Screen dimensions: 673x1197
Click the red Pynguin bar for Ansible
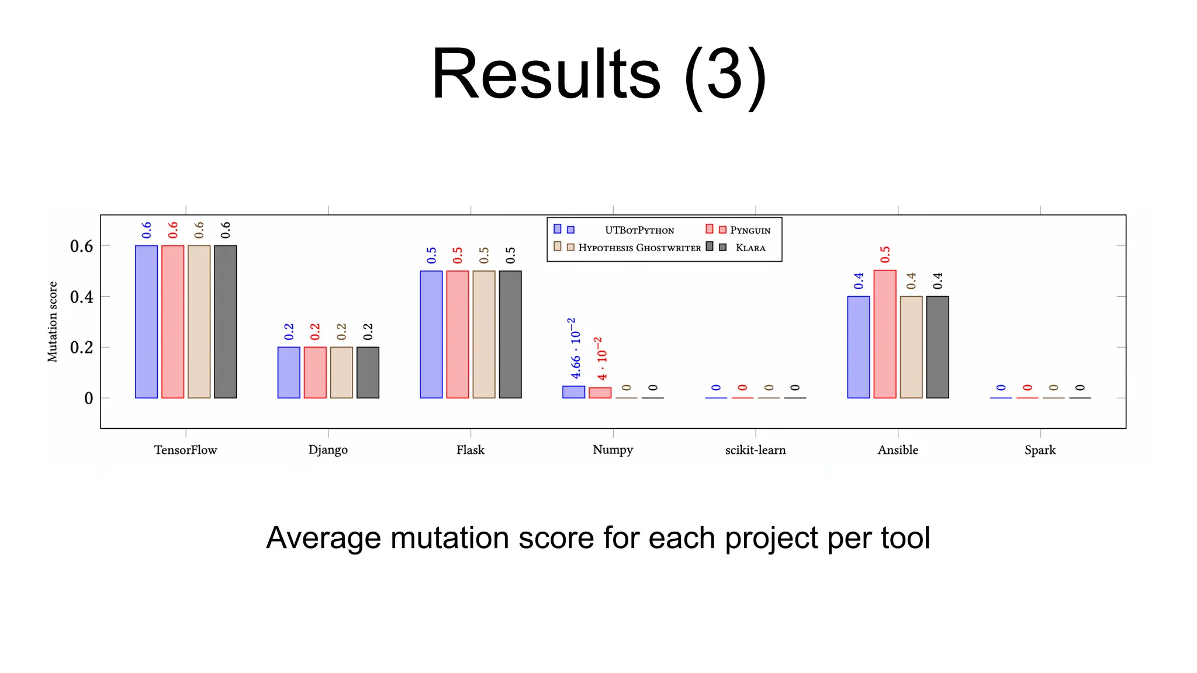click(885, 334)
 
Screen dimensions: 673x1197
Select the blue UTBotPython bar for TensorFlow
click(146, 321)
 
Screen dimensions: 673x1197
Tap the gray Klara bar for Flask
click(510, 334)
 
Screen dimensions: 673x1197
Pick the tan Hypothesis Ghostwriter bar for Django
click(341, 372)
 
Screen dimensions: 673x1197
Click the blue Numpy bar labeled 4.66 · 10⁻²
click(573, 392)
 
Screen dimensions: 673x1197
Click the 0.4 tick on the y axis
click(81, 297)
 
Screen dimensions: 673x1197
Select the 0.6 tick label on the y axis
click(81, 246)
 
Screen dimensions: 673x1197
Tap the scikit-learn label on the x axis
click(755, 450)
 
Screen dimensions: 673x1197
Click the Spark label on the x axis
click(1040, 450)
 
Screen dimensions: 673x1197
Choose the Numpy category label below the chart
click(613, 450)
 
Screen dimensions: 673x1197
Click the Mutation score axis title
click(53, 322)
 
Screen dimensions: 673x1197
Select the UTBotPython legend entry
click(639, 230)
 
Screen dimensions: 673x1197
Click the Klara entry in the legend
click(750, 248)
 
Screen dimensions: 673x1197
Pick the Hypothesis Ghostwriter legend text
click(639, 248)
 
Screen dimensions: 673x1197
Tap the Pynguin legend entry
click(750, 230)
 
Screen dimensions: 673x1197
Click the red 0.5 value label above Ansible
click(885, 255)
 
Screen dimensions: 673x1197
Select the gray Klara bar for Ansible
click(937, 347)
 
